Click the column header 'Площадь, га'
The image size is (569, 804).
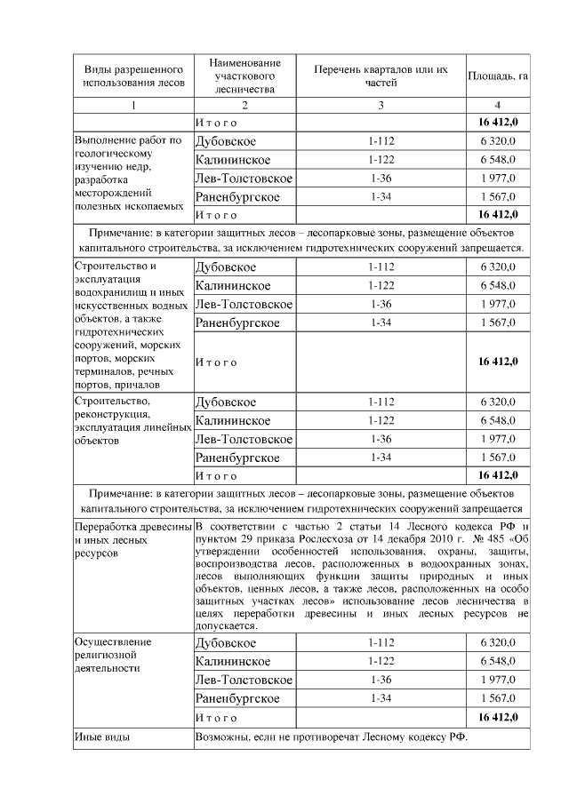point(498,76)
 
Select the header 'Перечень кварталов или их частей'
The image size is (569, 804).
point(381,76)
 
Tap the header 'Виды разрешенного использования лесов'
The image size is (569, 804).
point(133,76)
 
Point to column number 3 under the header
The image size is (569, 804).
point(381,106)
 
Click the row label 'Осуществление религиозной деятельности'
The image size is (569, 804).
point(113,654)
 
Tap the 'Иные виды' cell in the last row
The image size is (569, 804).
point(103,737)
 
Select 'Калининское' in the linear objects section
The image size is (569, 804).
point(233,420)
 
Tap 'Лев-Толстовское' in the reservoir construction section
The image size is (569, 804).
point(244,304)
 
